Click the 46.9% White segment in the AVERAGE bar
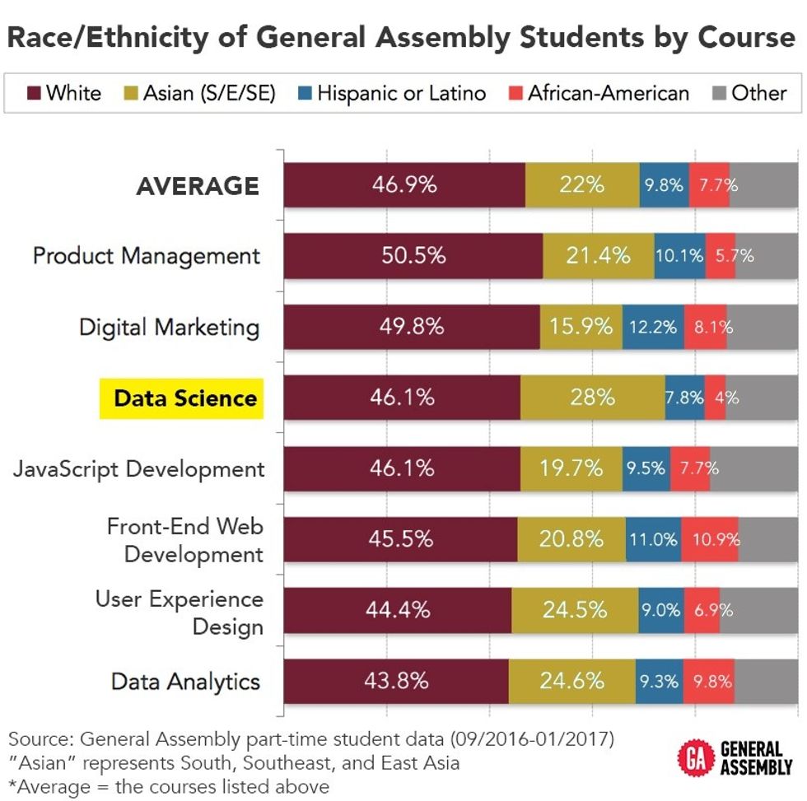tap(404, 184)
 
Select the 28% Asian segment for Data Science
tap(593, 397)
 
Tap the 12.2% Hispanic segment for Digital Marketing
tap(653, 326)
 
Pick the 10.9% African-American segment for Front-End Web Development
tap(710, 539)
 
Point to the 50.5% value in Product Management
tap(413, 255)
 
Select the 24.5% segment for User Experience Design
tap(576, 610)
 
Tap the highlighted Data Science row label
tap(184, 398)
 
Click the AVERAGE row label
tap(197, 186)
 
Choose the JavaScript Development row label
tap(138, 469)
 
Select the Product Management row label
tap(146, 256)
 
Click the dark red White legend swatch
tap(33, 93)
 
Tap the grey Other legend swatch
tap(718, 93)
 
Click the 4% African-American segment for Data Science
tap(715, 397)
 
